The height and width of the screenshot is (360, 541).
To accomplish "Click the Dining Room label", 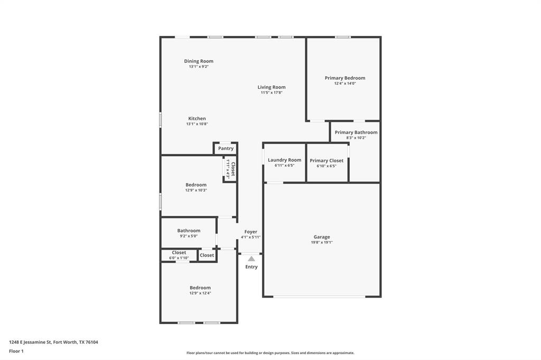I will coord(199,61).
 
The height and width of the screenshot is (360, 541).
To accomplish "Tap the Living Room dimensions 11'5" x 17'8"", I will coord(272,93).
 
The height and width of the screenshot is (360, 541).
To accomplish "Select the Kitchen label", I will coord(197,119).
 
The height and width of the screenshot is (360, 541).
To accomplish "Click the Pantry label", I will coord(226,149).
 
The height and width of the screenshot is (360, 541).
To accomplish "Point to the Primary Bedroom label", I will coord(344,78).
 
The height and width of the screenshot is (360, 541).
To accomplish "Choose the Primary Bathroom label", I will coord(356,132).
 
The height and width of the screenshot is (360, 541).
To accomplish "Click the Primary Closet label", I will coord(327,160).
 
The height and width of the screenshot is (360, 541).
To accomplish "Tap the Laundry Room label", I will coord(284,160).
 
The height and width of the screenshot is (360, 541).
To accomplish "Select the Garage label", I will coord(322,237).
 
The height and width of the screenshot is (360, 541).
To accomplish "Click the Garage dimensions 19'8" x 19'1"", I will coord(322,243).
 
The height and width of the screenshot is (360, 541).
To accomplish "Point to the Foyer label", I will coord(250,232).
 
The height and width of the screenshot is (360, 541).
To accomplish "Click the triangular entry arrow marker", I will coord(251,259).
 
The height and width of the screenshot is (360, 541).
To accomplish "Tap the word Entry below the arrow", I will coord(251,267).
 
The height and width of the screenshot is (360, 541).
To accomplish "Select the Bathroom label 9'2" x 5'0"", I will coord(189,231).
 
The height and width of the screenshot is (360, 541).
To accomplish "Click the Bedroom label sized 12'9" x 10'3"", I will coord(196,185).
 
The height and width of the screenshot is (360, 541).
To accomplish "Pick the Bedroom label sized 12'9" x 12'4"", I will coord(200,288).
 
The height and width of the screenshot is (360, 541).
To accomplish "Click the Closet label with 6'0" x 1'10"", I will coord(179,253).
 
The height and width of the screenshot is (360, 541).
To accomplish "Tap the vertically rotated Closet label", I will coord(232,168).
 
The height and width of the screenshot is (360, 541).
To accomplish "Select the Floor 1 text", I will coord(16,351).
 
